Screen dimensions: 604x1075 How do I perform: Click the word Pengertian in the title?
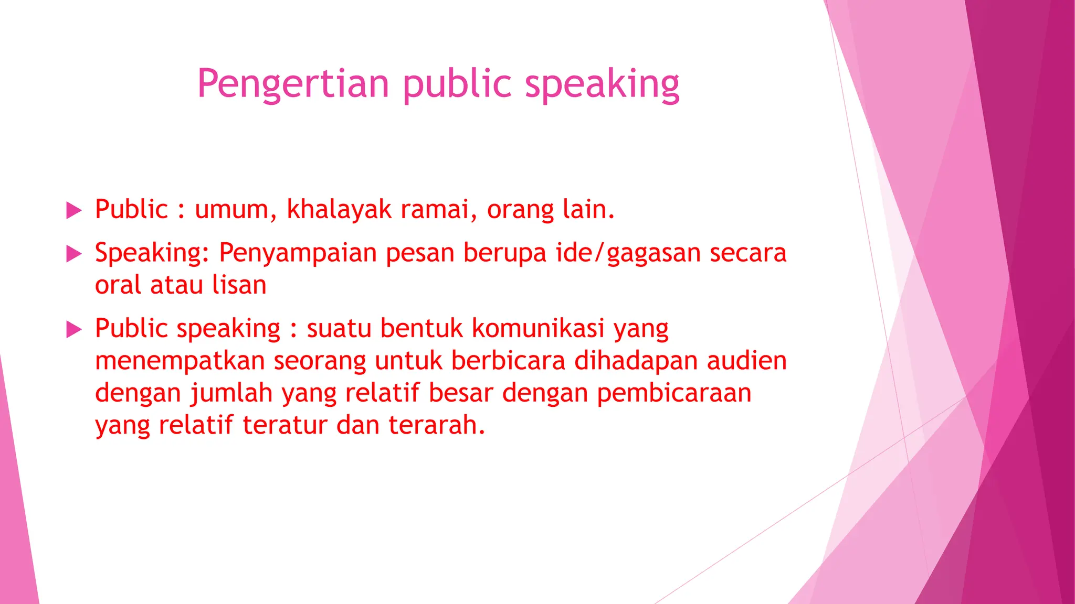(293, 84)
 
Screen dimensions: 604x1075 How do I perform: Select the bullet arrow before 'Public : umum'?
(75, 211)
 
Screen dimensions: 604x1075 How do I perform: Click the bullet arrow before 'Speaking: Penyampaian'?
(75, 254)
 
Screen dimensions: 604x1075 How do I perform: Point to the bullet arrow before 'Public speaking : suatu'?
(75, 330)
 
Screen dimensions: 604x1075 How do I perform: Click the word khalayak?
(339, 210)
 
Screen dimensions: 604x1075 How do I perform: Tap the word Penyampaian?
(298, 253)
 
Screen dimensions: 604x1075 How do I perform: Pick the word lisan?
(239, 285)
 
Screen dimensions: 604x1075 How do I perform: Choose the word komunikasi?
(538, 329)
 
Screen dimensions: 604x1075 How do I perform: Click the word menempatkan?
(180, 361)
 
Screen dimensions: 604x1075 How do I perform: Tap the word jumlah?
(231, 393)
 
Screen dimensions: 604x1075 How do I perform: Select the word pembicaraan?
(674, 393)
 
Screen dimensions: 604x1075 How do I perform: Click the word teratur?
(285, 425)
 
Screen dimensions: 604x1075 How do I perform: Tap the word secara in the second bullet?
(748, 253)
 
